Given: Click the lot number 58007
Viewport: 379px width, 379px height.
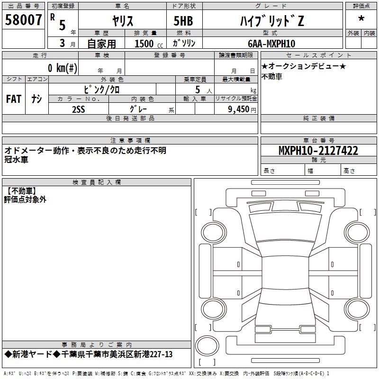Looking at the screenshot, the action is click(23, 20).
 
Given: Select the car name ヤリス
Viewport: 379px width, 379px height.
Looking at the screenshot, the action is click(122, 21).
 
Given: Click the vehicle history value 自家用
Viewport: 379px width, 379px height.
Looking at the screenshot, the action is click(101, 44).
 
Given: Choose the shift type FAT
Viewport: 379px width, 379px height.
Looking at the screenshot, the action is click(13, 99).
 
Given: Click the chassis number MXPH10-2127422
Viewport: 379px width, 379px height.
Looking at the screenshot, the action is click(318, 151).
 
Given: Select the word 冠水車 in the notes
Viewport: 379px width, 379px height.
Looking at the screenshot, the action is click(16, 160).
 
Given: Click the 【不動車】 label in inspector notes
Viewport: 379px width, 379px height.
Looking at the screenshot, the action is click(20, 191).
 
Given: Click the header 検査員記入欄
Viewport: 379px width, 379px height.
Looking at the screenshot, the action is click(97, 182).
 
